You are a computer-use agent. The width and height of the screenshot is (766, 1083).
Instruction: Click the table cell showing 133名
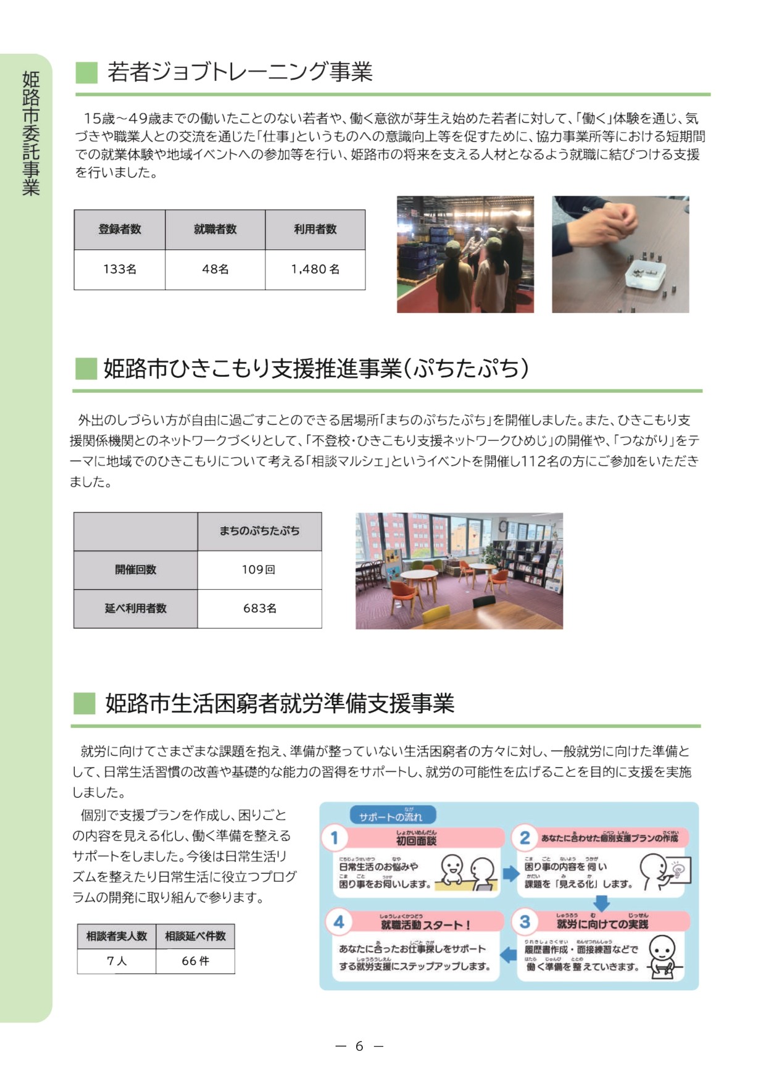(120, 269)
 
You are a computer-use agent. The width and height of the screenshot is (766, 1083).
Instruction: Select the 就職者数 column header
(215, 229)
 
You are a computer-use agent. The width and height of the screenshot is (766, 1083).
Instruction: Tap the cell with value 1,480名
(315, 269)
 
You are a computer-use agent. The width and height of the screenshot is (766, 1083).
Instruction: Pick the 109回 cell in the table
(259, 570)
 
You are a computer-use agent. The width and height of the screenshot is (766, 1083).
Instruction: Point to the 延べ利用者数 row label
(136, 609)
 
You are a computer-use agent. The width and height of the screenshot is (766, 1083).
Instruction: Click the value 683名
(259, 609)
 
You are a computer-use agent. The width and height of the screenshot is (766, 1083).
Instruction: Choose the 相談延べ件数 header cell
(195, 936)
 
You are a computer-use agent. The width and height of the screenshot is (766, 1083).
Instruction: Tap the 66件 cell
(195, 961)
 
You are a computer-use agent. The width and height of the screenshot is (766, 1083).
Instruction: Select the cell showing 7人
(117, 961)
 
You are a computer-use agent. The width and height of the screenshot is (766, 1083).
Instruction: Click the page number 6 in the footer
(359, 1046)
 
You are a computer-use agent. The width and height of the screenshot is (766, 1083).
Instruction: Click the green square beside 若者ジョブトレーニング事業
(86, 72)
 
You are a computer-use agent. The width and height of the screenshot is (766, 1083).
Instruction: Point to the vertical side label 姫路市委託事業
(31, 133)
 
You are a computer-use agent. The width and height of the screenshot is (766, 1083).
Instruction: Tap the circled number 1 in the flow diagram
(335, 838)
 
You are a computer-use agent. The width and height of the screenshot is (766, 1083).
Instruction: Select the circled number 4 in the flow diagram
(339, 922)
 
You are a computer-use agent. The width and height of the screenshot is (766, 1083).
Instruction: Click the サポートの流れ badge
(392, 816)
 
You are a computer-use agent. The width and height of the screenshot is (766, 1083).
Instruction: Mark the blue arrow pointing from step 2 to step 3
(601, 903)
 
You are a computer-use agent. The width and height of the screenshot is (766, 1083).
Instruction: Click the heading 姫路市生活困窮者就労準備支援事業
(280, 703)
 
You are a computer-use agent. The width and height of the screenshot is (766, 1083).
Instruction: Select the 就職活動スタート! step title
(426, 924)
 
